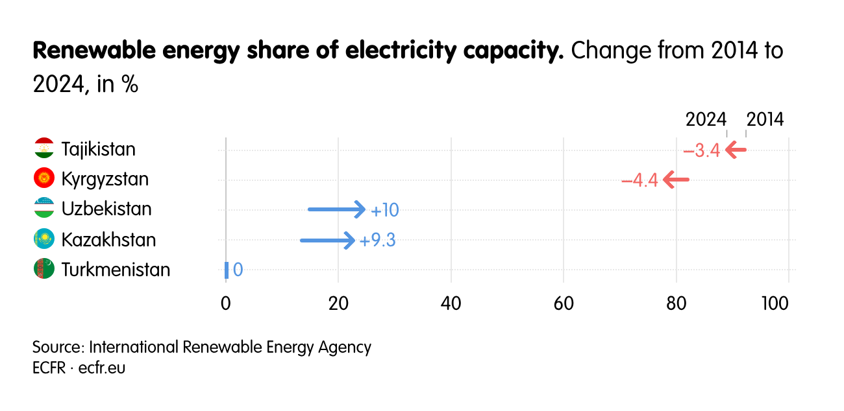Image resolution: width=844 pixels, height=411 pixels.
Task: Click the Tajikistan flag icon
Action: (43, 148)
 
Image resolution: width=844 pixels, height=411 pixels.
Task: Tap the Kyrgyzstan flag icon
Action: (43, 178)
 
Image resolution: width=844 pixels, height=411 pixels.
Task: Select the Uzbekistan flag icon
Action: (43, 209)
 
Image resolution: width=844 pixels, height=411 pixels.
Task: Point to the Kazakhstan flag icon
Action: (43, 239)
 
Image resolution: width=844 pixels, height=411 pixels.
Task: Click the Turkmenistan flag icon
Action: (43, 269)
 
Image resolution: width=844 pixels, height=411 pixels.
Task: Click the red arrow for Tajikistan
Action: (736, 150)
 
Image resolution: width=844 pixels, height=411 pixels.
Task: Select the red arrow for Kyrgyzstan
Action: (676, 180)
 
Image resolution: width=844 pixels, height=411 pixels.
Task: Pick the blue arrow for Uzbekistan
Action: (336, 209)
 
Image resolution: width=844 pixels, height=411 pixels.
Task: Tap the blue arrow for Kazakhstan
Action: (327, 241)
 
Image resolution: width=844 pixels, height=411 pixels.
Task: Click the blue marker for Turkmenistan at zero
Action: (227, 270)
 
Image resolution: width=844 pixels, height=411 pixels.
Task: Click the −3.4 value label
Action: (701, 151)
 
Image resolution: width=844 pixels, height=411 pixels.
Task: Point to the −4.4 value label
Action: (639, 181)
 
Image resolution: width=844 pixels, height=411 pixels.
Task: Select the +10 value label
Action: (384, 211)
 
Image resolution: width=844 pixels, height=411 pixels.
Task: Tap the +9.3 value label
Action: (377, 241)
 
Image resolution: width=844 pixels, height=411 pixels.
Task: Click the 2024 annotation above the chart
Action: (706, 120)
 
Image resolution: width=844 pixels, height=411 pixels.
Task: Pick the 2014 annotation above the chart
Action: (765, 120)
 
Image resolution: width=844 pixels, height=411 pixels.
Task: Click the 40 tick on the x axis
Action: (451, 303)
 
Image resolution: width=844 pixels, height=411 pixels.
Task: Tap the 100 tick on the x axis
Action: (788, 303)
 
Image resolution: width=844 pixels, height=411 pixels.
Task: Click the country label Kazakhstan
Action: (108, 240)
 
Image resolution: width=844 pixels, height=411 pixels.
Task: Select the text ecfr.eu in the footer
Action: (102, 368)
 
